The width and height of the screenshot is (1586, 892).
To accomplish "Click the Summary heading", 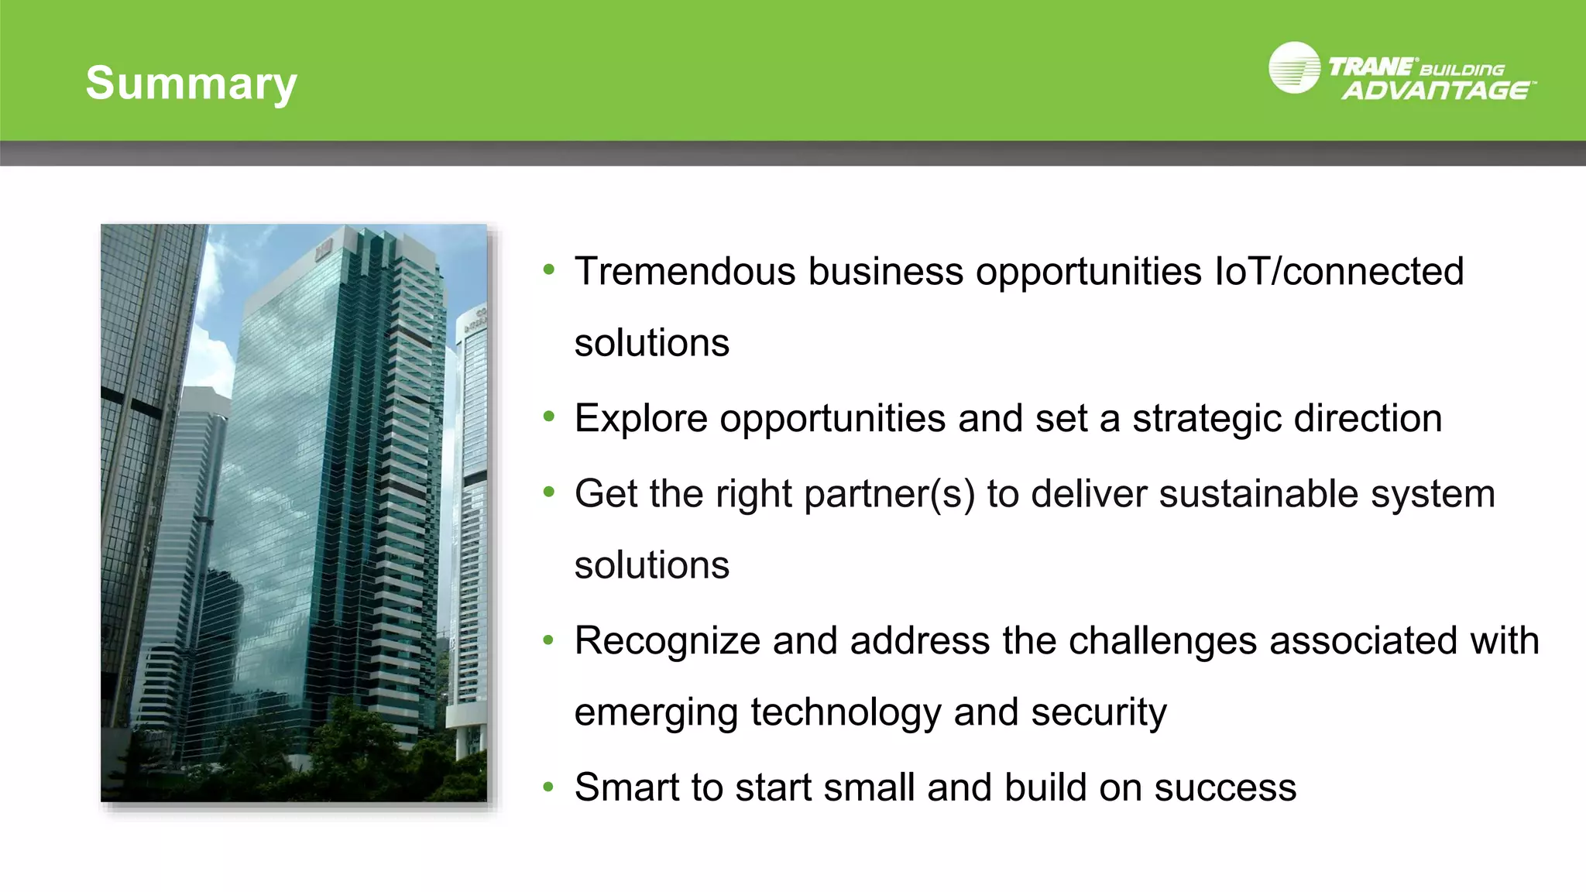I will (191, 83).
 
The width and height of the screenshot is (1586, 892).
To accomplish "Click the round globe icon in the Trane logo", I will (1294, 68).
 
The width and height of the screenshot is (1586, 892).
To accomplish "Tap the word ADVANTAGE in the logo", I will (1437, 91).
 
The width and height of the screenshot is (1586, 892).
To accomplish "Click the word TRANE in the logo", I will (1370, 67).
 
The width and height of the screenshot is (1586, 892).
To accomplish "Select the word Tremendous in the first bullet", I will (685, 272).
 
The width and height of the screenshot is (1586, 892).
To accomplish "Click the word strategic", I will (1207, 419).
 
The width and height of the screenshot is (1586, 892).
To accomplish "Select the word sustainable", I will (1258, 494).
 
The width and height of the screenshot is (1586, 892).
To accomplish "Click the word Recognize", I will (668, 641).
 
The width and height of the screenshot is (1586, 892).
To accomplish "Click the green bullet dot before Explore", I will (549, 417).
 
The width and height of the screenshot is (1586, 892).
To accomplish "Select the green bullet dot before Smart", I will (549, 787).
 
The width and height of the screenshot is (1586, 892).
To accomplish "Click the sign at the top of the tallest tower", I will (323, 249).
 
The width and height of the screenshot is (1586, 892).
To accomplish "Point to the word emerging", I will (656, 712).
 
